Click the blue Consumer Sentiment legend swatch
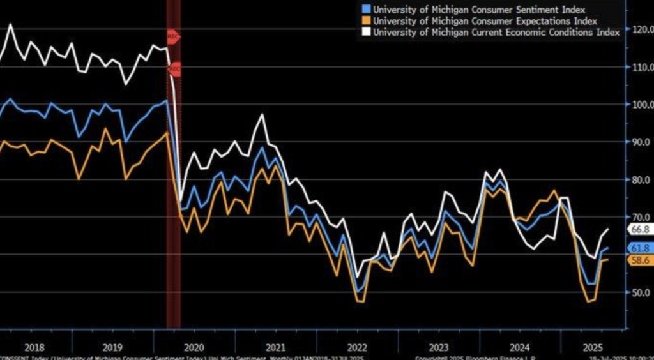[365, 9]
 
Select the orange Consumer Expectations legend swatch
[365, 20]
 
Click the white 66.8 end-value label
[639, 229]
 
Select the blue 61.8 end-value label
[639, 248]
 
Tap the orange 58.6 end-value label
[639, 260]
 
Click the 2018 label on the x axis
[34, 348]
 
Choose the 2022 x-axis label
[356, 348]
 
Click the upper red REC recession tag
[173, 36]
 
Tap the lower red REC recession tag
[174, 68]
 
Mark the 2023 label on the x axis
[438, 348]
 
